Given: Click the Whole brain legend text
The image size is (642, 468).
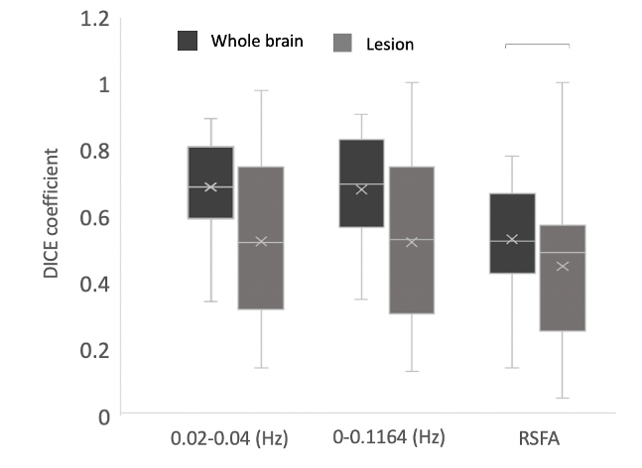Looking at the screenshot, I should (257, 42).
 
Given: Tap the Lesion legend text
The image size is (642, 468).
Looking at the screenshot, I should (389, 44).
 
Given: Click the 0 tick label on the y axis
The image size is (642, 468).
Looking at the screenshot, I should (102, 416).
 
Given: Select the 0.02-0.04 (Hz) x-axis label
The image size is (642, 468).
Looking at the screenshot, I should (229, 437).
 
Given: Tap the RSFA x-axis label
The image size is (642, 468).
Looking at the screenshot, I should (537, 437).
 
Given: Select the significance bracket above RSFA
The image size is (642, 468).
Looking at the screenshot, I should (537, 45).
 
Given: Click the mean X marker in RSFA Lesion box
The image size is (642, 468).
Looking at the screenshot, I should (562, 266).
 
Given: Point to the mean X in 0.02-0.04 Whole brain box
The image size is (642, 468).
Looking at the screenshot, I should (210, 186).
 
